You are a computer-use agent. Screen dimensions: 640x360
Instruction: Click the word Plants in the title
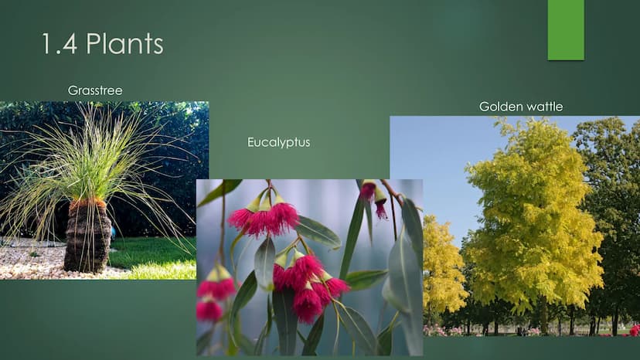124,44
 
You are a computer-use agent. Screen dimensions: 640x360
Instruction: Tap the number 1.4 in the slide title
60,44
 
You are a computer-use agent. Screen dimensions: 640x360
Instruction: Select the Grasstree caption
95,90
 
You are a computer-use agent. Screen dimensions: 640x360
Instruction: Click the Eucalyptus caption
279,142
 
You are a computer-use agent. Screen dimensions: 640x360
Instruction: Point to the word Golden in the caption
501,107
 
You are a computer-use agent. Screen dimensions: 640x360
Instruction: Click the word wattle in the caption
544,107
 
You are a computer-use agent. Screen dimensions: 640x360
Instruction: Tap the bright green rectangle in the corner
566,30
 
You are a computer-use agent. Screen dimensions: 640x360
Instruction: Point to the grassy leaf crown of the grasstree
94,163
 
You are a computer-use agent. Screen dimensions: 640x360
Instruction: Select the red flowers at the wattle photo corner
634,331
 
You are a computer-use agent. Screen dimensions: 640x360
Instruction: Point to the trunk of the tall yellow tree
543,315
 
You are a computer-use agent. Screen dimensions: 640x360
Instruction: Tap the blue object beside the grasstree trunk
113,233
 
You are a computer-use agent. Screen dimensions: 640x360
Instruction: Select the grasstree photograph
104,191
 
